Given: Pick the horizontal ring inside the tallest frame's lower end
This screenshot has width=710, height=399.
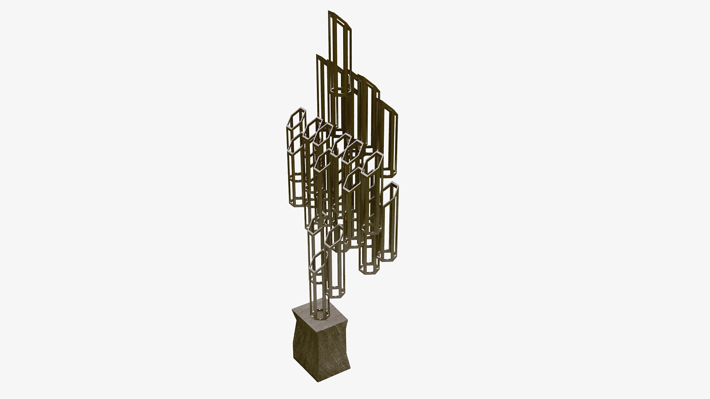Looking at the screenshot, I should click(x=339, y=90).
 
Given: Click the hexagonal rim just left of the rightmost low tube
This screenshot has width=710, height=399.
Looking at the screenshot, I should click(x=372, y=163).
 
